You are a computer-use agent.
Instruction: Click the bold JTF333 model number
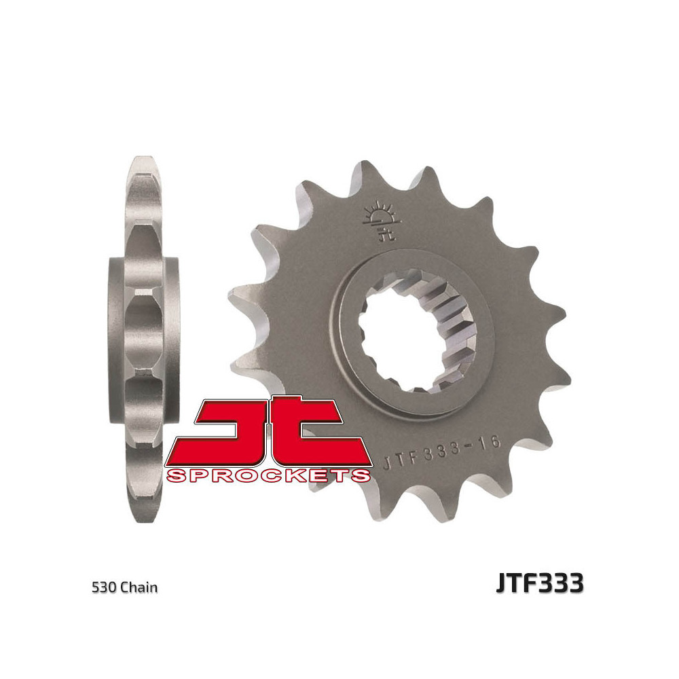(x=539, y=584)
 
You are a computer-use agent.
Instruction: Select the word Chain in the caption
(x=140, y=587)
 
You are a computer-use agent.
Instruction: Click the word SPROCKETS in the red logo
(x=268, y=475)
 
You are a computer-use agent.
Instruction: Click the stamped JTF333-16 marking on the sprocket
(x=442, y=452)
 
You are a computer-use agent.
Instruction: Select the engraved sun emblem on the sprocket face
(x=378, y=215)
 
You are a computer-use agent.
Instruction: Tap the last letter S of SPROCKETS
(x=361, y=475)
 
